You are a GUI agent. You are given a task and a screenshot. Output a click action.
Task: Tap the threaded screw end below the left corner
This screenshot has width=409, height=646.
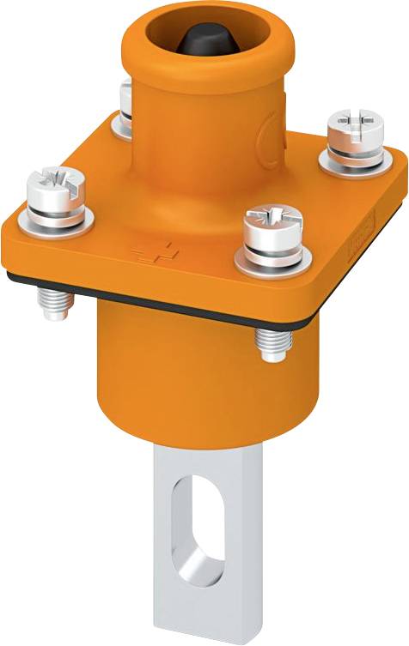tap(53, 301)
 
